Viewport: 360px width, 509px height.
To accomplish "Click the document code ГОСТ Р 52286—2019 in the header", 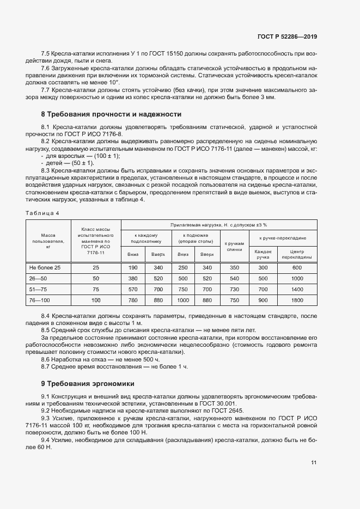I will [x=287, y=37].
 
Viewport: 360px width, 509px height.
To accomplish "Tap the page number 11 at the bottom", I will [x=314, y=463].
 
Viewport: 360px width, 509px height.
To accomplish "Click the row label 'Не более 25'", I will [x=45, y=267].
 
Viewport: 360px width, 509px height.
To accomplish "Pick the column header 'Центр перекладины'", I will [x=297, y=254].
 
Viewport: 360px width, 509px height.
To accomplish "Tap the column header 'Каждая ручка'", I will [x=263, y=254].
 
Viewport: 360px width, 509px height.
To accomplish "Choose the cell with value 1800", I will [x=297, y=300].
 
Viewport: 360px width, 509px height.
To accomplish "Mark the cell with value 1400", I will [x=297, y=289].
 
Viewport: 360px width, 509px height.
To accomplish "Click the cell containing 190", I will [x=133, y=267].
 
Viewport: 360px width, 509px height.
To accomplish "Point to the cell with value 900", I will [x=263, y=300].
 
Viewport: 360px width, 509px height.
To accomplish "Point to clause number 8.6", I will [x=46, y=359].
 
